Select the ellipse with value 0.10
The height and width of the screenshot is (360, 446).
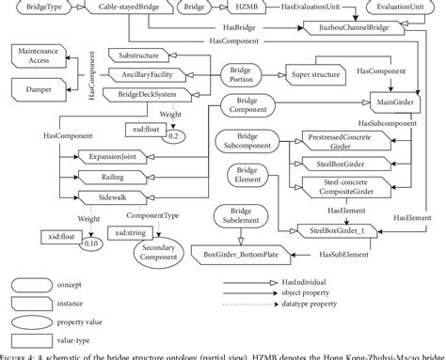90,243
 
